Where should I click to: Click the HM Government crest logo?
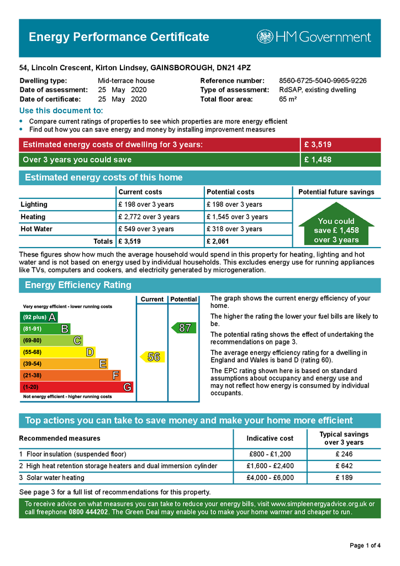click(265, 37)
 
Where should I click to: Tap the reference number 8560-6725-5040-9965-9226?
click(322, 81)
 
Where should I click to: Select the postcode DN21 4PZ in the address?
click(234, 68)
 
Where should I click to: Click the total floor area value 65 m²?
click(288, 99)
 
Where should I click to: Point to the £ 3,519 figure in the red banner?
click(318, 145)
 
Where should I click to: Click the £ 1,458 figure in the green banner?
click(318, 160)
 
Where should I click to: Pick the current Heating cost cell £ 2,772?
click(149, 217)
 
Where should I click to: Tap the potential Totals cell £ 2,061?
click(218, 241)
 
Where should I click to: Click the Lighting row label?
click(34, 205)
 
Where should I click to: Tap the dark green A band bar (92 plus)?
click(38, 317)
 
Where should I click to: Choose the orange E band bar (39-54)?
click(64, 364)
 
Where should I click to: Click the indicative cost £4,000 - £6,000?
click(270, 478)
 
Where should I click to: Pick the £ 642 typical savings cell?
click(344, 466)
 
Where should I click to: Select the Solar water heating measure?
click(55, 478)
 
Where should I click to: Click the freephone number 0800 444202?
click(88, 512)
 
